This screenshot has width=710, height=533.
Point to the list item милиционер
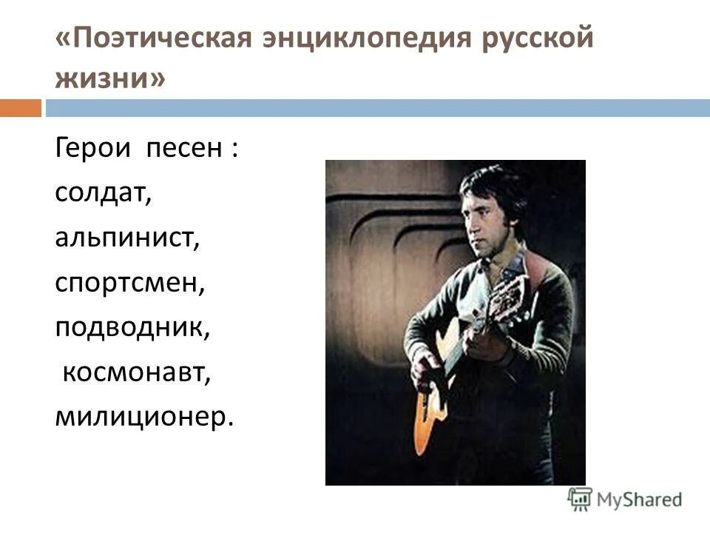[143, 418]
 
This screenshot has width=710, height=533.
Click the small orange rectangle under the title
[21, 109]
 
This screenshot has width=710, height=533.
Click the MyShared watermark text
[640, 500]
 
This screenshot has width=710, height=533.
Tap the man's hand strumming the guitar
[425, 369]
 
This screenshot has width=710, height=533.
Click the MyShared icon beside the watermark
[580, 499]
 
